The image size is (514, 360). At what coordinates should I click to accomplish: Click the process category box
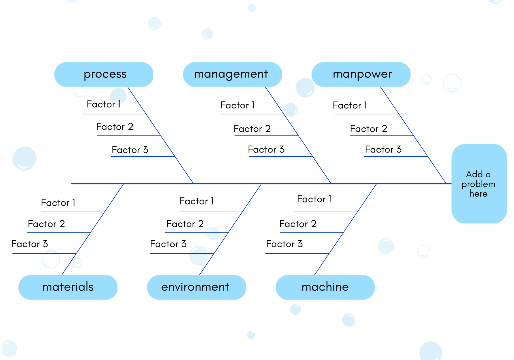pos(104,74)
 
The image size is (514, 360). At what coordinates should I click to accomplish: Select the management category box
pos(232,74)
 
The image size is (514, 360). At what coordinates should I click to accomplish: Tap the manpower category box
pos(361,74)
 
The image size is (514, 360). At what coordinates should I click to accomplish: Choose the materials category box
pos(68,287)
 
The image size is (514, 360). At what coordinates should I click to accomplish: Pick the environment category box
pos(196,287)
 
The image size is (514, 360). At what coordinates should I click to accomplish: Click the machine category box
pos(325,287)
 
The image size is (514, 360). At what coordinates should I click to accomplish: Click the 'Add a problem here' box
pos(479,184)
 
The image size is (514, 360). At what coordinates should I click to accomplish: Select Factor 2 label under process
pos(115,127)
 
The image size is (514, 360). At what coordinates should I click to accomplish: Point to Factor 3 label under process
pos(130,150)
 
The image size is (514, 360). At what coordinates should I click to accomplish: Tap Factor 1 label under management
pos(237,105)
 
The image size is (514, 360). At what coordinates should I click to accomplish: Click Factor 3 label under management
pos(266,150)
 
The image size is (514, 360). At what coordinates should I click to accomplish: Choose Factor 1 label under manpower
pos(350,105)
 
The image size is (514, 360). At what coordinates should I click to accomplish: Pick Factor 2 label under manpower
pos(368,129)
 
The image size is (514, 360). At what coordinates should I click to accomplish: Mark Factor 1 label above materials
pos(58,202)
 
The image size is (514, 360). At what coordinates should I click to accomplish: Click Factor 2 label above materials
pos(46,224)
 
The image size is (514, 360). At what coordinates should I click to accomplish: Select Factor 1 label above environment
pos(197,201)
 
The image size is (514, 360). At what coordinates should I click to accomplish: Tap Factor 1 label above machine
pos(314,199)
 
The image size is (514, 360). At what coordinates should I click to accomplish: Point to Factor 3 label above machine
pos(284,244)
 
